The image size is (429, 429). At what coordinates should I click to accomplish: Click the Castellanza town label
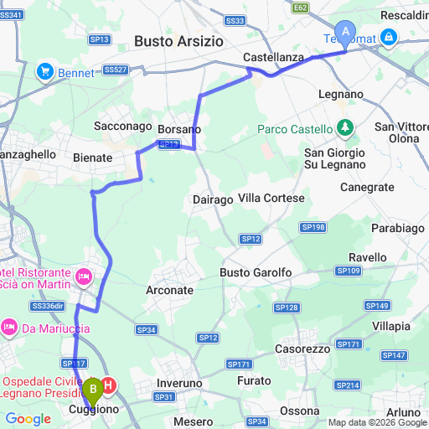tap(273, 56)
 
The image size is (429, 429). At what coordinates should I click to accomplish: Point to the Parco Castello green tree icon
tap(344, 127)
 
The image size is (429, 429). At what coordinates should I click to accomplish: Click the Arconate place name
tap(168, 290)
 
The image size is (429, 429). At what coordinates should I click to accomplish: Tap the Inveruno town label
tap(180, 383)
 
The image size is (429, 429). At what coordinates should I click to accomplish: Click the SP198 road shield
tap(313, 227)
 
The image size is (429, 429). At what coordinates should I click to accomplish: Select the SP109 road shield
tap(348, 270)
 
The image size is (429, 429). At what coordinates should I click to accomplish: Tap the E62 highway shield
tap(301, 8)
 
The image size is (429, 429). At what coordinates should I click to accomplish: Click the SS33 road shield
tap(236, 20)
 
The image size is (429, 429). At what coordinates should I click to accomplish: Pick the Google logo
tap(28, 418)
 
